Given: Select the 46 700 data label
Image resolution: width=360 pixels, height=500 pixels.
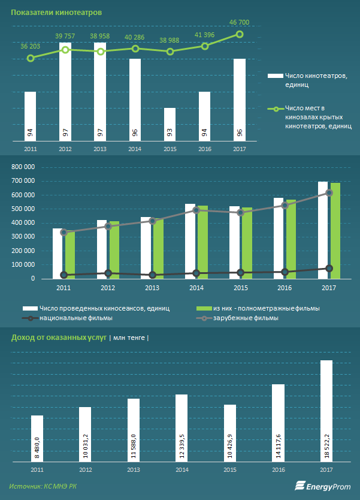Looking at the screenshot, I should tap(240, 22).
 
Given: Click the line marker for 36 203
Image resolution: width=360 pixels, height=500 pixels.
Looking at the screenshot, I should tap(31, 58).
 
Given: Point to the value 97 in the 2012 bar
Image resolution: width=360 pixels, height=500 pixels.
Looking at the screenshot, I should tap(65, 132).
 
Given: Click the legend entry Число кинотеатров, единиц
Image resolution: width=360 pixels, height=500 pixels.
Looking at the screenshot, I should tap(308, 80).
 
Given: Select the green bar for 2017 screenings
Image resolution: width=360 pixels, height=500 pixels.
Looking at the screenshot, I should tap(335, 231).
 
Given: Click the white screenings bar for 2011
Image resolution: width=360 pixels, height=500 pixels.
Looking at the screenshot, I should tap(58, 253).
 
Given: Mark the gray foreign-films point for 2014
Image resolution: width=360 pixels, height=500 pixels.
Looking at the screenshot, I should tap(196, 210).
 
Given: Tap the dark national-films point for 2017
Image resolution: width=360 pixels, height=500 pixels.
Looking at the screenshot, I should tap(329, 269).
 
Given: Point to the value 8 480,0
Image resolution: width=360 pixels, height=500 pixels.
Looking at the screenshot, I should tap(37, 447).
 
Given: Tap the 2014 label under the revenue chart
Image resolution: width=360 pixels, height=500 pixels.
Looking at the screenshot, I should tap(181, 470).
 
